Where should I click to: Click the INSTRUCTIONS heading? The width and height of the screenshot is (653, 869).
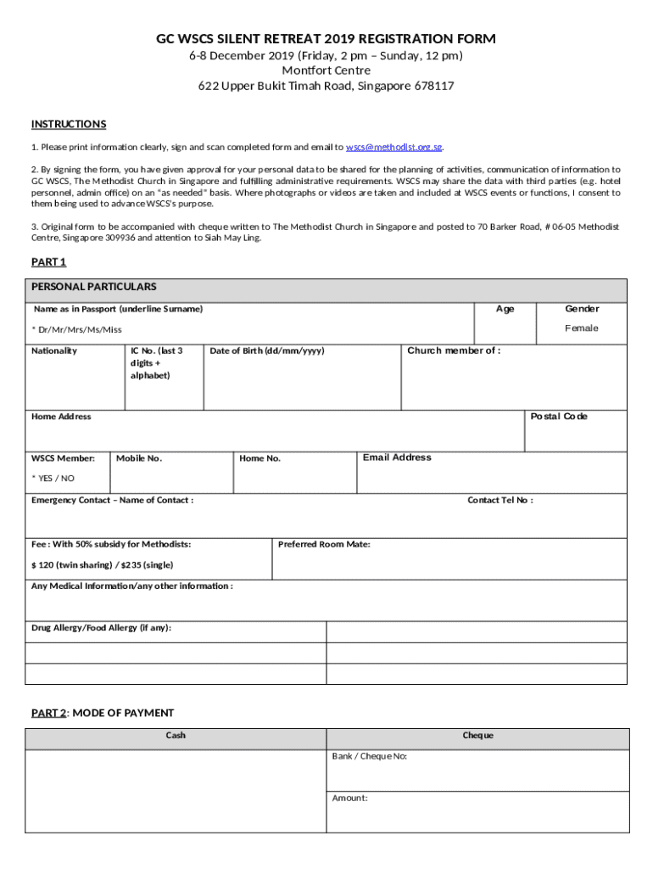pos(69,125)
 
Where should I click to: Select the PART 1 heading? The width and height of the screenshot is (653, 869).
pos(48,262)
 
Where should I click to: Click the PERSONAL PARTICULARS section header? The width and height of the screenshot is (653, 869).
pos(93,287)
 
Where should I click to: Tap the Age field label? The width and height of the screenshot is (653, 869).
pos(505,309)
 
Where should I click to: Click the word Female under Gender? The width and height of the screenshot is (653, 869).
pos(582,328)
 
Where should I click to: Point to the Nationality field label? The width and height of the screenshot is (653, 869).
pos(54,350)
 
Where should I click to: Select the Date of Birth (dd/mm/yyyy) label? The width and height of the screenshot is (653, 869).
pos(266,350)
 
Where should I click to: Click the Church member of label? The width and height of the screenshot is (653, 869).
pos(454,350)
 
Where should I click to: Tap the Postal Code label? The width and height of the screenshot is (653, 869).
pos(559,417)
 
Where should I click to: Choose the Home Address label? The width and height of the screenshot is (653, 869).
pos(61,417)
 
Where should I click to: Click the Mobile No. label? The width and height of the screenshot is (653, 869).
pos(139,458)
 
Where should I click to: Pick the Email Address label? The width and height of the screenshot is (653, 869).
pos(397,457)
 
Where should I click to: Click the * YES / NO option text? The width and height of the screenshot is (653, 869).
pos(53,479)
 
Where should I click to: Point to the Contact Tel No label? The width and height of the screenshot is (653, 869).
pos(500,500)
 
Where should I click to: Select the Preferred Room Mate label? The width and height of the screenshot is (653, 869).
pos(324,544)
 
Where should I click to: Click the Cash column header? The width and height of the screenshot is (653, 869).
pos(176,735)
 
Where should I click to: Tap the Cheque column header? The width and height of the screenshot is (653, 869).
pos(477,735)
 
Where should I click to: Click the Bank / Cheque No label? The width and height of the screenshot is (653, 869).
pos(370,755)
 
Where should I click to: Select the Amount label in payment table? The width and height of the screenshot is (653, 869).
pos(349,798)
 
